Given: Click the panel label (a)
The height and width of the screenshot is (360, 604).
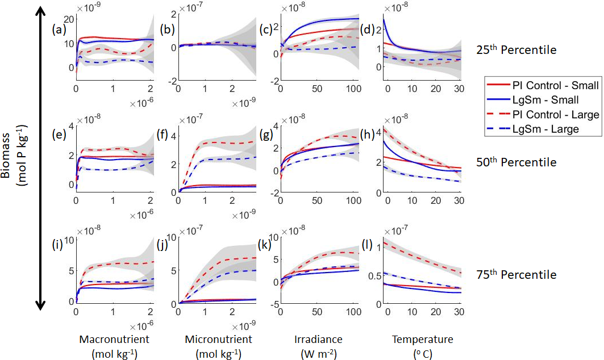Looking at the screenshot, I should [59, 29].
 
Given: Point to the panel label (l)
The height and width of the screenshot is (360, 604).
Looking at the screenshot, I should [367, 247].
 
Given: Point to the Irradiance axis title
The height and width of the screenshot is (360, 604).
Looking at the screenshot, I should [318, 340].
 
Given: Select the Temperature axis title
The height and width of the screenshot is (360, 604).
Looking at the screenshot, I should [423, 340].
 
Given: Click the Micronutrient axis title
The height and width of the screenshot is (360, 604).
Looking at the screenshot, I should [218, 340].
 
